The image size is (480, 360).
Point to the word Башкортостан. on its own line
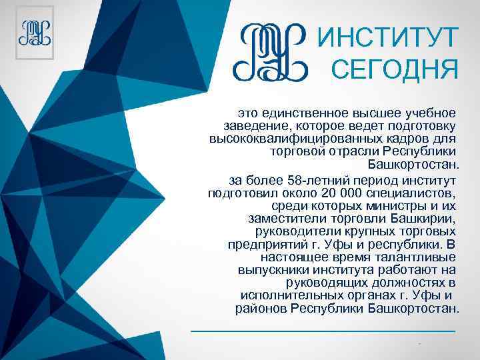(413, 164)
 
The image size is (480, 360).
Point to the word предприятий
(263, 244)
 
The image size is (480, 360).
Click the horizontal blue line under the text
(323, 331)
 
